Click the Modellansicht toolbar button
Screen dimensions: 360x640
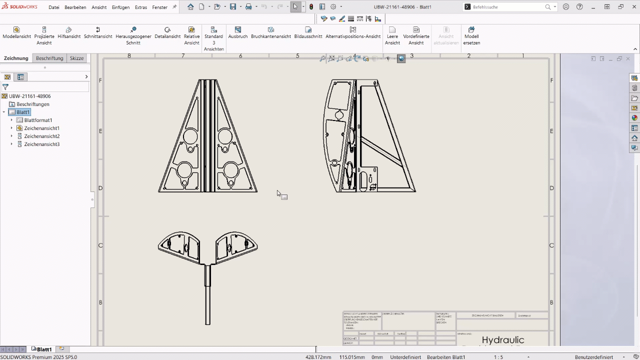pos(16,33)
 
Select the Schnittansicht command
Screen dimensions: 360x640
pos(98,33)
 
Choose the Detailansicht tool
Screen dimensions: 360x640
pos(167,33)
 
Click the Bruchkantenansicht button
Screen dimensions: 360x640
pos(270,33)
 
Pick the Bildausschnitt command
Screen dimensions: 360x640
pos(308,33)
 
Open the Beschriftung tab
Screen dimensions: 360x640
pos(49,58)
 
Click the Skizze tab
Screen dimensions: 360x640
pos(76,58)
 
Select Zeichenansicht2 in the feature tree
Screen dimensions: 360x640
pos(42,136)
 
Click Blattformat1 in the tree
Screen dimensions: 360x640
pos(38,120)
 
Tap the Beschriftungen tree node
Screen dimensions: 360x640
pos(33,104)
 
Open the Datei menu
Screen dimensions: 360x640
pos(54,7)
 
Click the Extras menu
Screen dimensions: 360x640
pos(141,7)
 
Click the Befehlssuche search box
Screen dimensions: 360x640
pos(507,7)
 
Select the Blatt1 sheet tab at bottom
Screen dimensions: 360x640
pos(44,349)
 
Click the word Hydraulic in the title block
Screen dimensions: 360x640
pos(502,340)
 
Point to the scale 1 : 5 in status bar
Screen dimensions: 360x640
pos(498,357)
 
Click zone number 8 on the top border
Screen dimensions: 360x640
pos(129,55)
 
